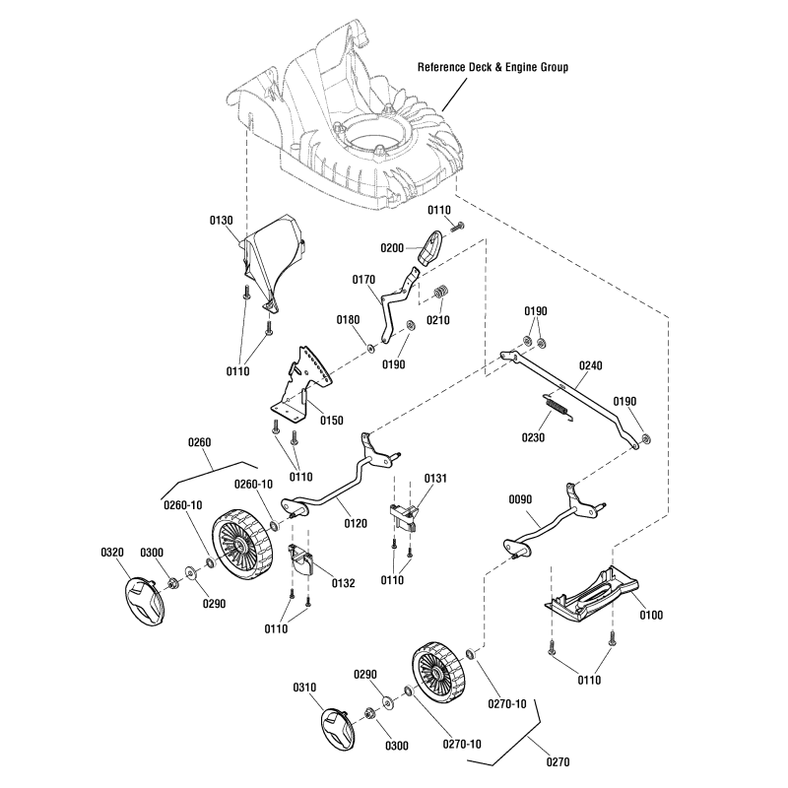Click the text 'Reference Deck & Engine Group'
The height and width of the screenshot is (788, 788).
(x=492, y=68)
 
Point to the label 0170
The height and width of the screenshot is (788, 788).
(x=364, y=280)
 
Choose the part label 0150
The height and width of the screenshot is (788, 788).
(x=332, y=421)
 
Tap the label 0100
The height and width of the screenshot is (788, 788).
(x=651, y=615)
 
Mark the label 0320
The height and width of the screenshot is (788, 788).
(x=112, y=552)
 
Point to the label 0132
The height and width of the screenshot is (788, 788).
(x=343, y=583)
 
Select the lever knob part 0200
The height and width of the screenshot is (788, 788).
(x=431, y=247)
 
